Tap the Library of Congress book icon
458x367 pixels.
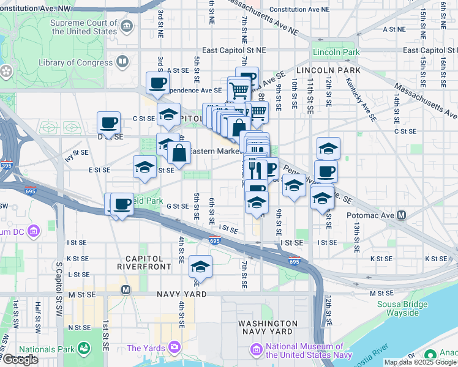click(123, 62)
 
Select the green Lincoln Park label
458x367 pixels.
click(336, 53)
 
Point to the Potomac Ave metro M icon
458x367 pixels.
click(402, 215)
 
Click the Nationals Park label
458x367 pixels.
click(47, 350)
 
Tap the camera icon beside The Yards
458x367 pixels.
click(176, 348)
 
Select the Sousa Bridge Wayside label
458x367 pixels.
click(393, 308)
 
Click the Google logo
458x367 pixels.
click(20, 360)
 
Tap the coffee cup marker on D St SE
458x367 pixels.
click(108, 123)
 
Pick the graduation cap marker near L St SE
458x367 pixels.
click(200, 267)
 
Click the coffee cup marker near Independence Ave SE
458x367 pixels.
click(157, 83)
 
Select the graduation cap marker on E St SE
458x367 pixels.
click(145, 167)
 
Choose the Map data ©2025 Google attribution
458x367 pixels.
click(420, 362)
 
